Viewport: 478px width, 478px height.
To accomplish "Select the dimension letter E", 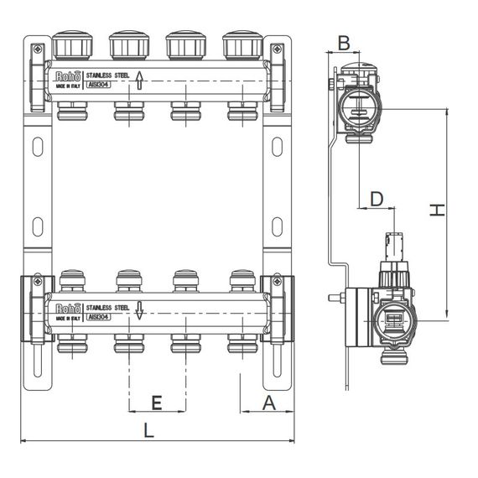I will coord(156,403).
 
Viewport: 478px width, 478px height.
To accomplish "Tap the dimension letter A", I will coord(268,403).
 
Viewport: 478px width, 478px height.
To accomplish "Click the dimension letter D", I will coord(377,199).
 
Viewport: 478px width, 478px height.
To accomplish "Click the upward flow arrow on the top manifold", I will coord(140,81).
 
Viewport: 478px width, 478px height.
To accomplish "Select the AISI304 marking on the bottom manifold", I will coord(96,317).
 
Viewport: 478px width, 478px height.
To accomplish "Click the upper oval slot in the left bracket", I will coord(37,147).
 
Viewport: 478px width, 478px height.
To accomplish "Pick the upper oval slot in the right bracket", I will coord(278,147).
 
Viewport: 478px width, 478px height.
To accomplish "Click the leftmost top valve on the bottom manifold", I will coord(72,279).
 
